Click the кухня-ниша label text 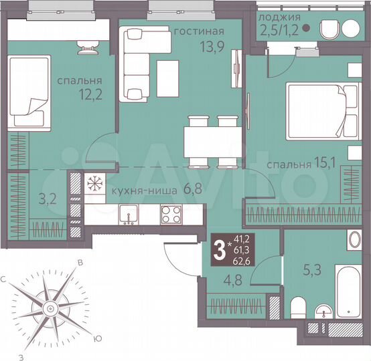[x=139, y=190]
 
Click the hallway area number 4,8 [x=214, y=281]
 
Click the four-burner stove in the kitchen [x=171, y=214]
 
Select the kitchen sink [x=128, y=214]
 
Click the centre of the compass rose [x=49, y=308]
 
